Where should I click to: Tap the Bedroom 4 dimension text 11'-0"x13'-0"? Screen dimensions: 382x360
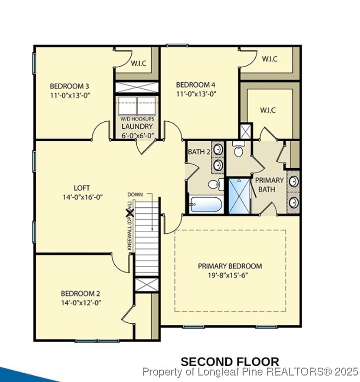196,94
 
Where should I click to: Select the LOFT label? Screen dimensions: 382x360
82,188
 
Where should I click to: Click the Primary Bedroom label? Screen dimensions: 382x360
230,266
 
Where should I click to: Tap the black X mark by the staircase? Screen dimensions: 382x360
130,212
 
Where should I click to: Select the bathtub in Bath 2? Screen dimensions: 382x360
205,204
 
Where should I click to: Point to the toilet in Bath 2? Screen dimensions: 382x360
214,185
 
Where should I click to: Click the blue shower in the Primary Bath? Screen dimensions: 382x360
240,195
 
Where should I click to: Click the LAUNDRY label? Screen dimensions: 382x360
137,126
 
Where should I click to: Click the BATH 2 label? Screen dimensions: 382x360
199,152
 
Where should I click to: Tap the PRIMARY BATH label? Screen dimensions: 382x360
270,184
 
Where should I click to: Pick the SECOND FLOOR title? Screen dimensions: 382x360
229,362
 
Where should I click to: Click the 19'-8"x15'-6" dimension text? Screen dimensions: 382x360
230,275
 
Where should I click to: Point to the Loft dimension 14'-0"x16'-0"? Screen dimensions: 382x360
82,196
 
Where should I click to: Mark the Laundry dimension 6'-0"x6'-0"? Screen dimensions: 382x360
137,135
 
